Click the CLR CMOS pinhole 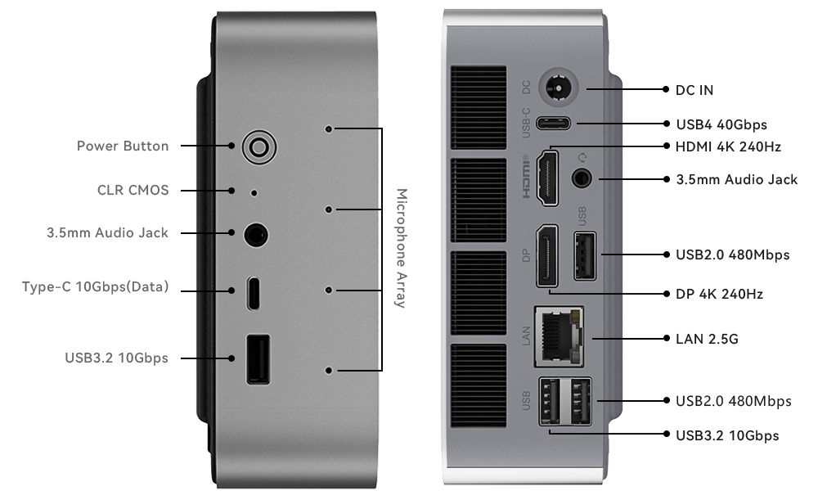(254, 193)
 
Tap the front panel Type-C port (254, 293)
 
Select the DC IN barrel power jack (559, 88)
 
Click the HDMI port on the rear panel (547, 178)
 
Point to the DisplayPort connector (546, 256)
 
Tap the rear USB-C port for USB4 (554, 124)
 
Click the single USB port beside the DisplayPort (585, 256)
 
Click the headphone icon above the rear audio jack (582, 157)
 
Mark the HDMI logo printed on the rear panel (526, 177)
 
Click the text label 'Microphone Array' (401, 249)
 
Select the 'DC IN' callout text (694, 90)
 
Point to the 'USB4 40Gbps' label (721, 124)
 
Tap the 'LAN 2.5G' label (707, 340)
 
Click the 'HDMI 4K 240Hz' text (728, 146)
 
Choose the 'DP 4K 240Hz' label (719, 295)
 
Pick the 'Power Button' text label (123, 146)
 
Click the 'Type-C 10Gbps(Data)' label (96, 287)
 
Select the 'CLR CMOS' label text (133, 190)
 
